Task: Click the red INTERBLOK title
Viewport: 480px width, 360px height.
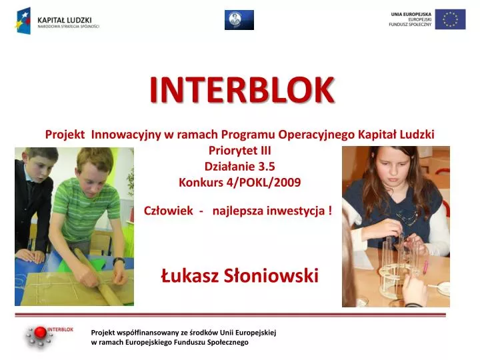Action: pyautogui.click(x=242, y=90)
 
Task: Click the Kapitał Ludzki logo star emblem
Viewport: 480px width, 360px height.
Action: pyautogui.click(x=23, y=20)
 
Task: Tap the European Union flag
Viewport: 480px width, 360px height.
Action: pyautogui.click(x=450, y=19)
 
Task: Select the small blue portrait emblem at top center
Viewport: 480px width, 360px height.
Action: pyautogui.click(x=239, y=19)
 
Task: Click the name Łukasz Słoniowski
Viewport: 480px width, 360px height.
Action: pyautogui.click(x=240, y=274)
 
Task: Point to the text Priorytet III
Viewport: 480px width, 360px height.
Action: pyautogui.click(x=239, y=151)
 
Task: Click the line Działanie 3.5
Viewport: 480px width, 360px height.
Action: pyautogui.click(x=239, y=166)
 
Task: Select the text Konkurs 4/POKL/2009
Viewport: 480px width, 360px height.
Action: pyautogui.click(x=239, y=181)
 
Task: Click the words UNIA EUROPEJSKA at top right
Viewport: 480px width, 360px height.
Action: pyautogui.click(x=411, y=13)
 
